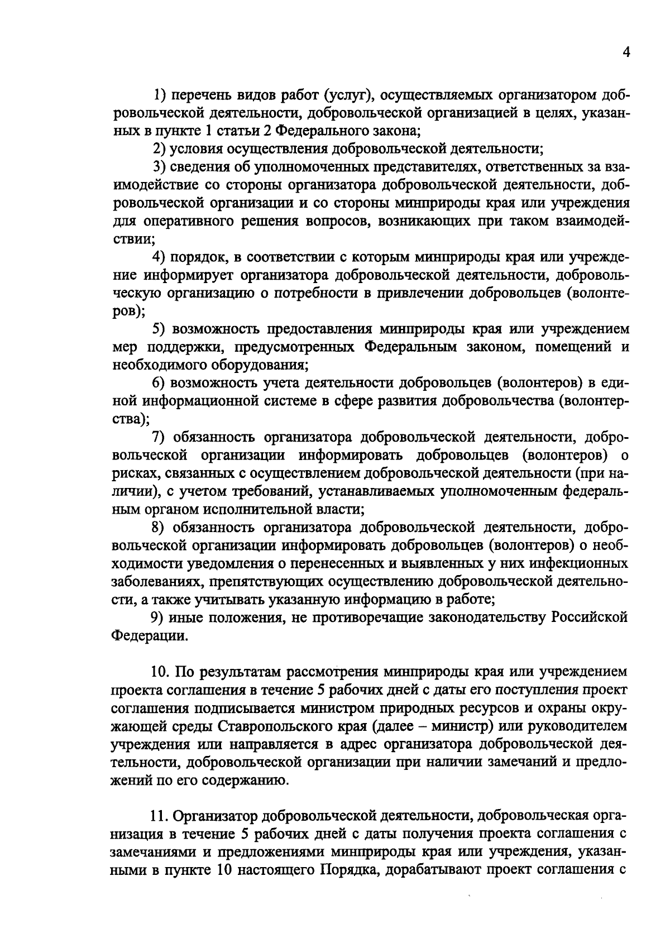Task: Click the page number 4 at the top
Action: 626,52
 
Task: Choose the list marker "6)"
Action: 160,382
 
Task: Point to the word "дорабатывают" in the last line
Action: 433,870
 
